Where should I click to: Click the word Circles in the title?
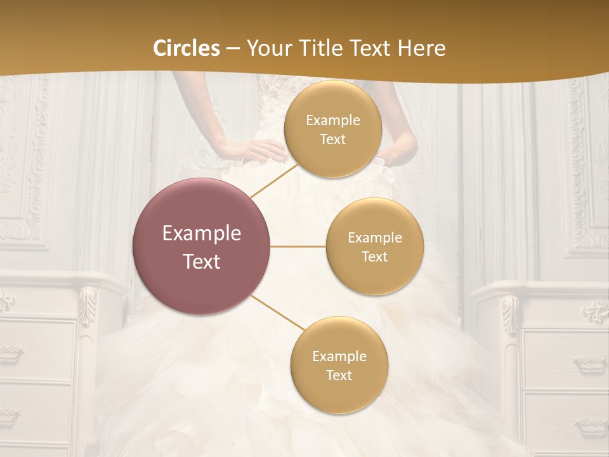[187, 48]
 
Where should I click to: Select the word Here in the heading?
[422, 48]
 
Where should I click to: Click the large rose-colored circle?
[202, 246]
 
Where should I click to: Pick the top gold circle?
[332, 129]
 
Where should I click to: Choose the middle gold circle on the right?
[374, 246]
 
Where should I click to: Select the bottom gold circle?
[339, 365]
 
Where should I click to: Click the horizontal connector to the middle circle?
[298, 246]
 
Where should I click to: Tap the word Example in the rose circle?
[202, 233]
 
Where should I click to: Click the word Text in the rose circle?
[202, 261]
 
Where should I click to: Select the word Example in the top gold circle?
[332, 120]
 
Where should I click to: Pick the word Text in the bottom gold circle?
[339, 375]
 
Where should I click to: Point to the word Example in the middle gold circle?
[374, 237]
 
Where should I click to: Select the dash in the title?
[232, 49]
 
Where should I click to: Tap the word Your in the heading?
[266, 48]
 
